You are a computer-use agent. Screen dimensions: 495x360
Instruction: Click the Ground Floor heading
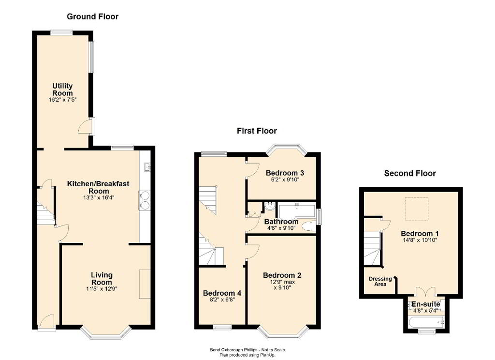click(92, 17)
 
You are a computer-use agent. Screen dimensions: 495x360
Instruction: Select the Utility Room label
click(62, 90)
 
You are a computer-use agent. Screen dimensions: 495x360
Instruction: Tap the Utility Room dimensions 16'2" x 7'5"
click(62, 100)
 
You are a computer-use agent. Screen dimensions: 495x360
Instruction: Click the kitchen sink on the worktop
click(147, 166)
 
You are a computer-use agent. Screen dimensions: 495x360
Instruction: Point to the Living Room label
click(102, 278)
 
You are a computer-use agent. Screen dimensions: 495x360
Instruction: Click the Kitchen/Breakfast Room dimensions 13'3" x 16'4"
click(98, 198)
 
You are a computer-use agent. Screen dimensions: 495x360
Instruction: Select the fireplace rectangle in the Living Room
click(145, 284)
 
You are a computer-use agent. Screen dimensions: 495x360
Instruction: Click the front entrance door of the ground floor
click(47, 322)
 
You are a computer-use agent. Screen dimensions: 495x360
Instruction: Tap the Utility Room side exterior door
click(86, 126)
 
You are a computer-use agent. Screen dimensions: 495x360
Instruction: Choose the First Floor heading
click(257, 131)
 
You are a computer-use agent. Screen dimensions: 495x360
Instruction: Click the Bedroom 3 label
click(285, 173)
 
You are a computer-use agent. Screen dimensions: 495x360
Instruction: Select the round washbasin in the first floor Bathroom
click(270, 206)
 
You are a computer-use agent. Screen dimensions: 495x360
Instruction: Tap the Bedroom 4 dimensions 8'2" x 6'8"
click(222, 300)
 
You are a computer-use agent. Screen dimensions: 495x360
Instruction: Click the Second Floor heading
click(410, 173)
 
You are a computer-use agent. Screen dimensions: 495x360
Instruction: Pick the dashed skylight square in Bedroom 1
click(417, 209)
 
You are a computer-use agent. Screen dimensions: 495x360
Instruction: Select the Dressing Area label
click(380, 281)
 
